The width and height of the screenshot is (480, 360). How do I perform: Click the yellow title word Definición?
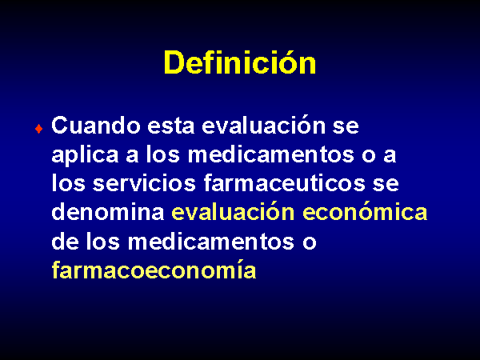tap(240, 62)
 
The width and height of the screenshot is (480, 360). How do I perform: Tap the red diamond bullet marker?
tap(39, 129)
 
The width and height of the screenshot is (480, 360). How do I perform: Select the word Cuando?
tap(96, 126)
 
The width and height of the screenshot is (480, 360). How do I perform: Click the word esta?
tap(171, 126)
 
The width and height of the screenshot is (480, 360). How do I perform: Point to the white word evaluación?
tap(263, 126)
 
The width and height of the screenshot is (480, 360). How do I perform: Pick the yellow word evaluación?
tap(233, 212)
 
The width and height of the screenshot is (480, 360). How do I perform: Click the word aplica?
tap(85, 154)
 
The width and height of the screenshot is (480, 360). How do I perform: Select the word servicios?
tap(144, 183)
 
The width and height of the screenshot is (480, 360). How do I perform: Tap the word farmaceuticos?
tap(284, 183)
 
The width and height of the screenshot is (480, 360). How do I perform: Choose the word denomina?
tap(108, 212)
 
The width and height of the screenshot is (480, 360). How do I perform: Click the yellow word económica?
tap(365, 212)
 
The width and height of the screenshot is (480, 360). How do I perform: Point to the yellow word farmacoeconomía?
tap(154, 270)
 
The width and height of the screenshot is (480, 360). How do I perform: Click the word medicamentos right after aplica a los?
tap(271, 154)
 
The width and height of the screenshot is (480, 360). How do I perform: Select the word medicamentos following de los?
tap(211, 241)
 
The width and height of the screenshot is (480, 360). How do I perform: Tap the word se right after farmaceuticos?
tap(386, 184)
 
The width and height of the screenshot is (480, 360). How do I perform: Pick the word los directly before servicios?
tap(68, 183)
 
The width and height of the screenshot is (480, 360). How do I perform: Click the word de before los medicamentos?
tap(65, 241)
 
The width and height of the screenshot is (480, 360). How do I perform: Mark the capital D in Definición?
tap(174, 62)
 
